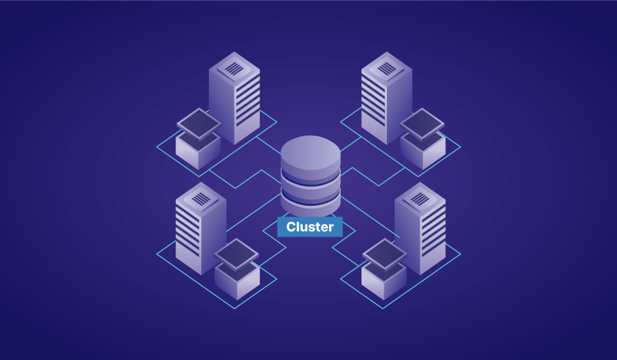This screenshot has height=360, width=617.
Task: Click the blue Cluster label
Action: [310, 226]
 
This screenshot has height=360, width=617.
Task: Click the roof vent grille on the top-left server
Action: [235, 68]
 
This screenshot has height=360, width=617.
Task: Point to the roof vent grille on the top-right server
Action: [386, 68]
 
